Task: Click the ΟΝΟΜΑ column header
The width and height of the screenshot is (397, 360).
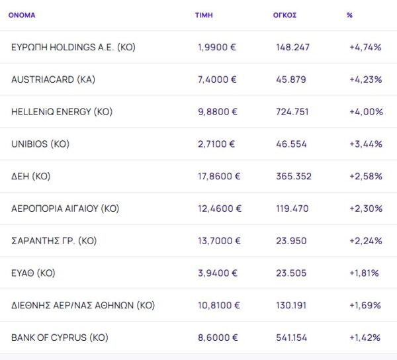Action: pyautogui.click(x=22, y=15)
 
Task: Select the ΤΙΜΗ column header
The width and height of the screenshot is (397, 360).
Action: pyautogui.click(x=204, y=15)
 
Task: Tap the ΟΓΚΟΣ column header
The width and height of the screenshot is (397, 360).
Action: pyautogui.click(x=285, y=15)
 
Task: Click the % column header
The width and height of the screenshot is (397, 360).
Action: pyautogui.click(x=349, y=15)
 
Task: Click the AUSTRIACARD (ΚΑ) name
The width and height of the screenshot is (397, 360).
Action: pyautogui.click(x=54, y=79)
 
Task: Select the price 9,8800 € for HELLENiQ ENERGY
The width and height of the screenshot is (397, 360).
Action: pyautogui.click(x=217, y=112)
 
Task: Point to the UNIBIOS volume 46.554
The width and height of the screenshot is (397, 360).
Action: pyautogui.click(x=291, y=144)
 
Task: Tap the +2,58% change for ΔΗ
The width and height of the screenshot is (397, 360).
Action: pyautogui.click(x=366, y=176)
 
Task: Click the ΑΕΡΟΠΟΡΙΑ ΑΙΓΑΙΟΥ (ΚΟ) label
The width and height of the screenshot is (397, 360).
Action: pyautogui.click(x=65, y=208)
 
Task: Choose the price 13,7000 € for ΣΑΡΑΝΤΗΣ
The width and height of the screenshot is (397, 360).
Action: pyautogui.click(x=220, y=241)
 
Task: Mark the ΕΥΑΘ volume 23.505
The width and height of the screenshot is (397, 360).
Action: pyautogui.click(x=291, y=273)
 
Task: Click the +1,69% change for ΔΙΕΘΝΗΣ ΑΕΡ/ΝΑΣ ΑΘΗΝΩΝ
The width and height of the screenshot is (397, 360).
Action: pyautogui.click(x=365, y=305)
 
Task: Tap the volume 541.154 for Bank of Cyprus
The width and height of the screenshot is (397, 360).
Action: pyautogui.click(x=292, y=337)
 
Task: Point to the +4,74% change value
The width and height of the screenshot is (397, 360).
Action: pyautogui.click(x=366, y=47)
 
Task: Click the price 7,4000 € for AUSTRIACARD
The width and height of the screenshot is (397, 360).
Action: pyautogui.click(x=217, y=79)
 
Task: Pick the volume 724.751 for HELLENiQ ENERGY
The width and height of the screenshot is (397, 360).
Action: pyautogui.click(x=292, y=112)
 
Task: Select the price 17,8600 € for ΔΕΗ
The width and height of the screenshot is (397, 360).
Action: pyautogui.click(x=220, y=176)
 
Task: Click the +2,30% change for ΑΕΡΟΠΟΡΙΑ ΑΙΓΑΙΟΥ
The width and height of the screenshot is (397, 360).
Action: pyautogui.click(x=366, y=208)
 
